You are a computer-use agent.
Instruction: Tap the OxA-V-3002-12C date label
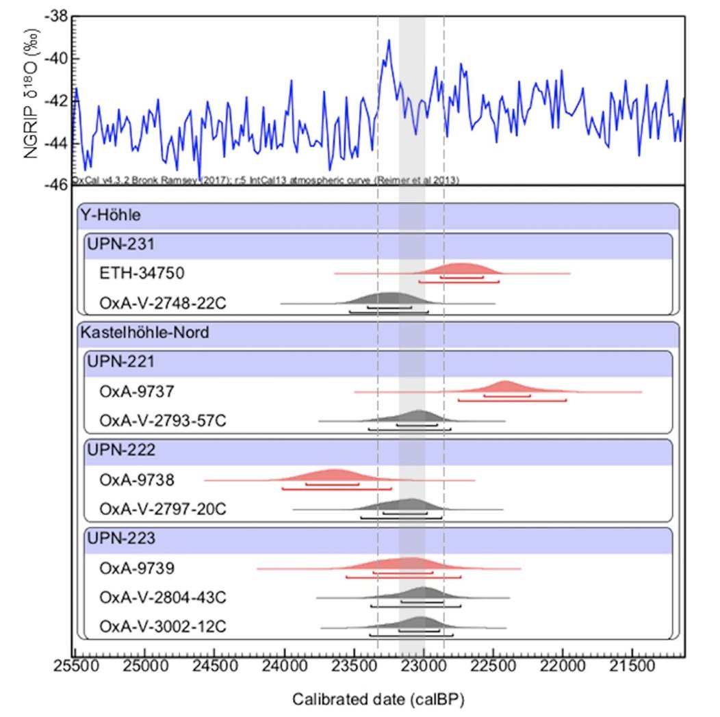(162, 626)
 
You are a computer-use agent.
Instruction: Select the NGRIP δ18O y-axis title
(31, 100)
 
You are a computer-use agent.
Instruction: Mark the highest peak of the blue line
(389, 40)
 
